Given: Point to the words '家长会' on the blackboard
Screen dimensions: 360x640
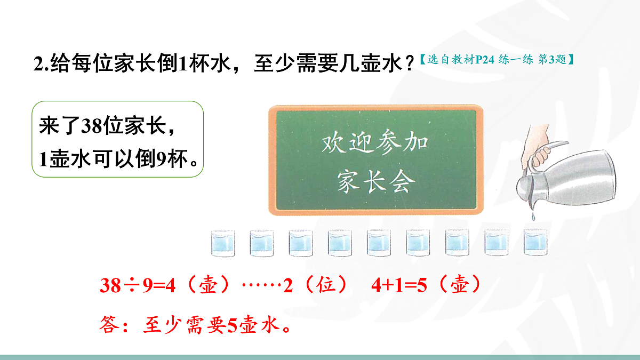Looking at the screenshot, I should coord(376,183).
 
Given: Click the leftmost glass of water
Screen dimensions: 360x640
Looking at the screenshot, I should coord(222,243).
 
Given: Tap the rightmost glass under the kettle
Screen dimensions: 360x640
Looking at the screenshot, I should coord(536,243).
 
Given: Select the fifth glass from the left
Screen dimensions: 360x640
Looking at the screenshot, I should coord(379,243).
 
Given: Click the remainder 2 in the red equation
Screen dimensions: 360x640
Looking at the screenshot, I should coord(289,286).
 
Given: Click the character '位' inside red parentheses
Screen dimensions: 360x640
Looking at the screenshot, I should coord(326,286).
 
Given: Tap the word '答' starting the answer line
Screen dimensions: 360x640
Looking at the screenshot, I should coord(109,324).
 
